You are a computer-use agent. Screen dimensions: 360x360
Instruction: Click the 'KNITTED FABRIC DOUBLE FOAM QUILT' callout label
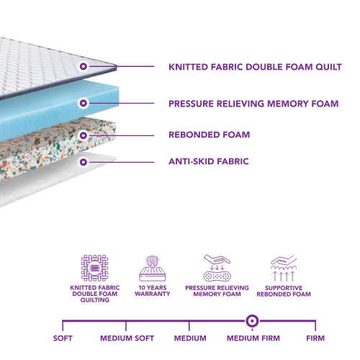(x=254, y=67)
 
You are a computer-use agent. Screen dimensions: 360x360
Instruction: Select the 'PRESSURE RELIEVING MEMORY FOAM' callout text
(x=253, y=104)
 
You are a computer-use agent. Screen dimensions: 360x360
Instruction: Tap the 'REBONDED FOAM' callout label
(x=209, y=135)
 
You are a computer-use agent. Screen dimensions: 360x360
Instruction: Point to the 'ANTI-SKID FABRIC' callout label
(x=208, y=161)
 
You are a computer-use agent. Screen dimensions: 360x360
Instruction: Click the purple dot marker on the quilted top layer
(x=84, y=66)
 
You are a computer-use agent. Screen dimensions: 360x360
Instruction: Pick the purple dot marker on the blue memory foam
(x=84, y=104)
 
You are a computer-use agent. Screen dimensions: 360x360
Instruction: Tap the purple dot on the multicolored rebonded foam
(x=84, y=135)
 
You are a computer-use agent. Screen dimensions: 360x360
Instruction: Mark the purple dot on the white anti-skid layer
(x=84, y=161)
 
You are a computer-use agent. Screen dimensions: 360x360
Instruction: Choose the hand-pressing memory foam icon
(x=217, y=267)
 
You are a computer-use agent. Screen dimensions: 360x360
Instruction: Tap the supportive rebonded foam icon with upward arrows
(x=282, y=267)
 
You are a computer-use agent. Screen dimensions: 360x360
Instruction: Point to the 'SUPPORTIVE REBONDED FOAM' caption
(x=282, y=291)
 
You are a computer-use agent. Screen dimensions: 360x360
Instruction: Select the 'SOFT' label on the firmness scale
(x=63, y=338)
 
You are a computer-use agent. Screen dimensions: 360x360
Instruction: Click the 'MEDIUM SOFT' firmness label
(x=126, y=338)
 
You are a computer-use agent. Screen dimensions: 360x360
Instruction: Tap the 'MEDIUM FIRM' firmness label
(x=253, y=338)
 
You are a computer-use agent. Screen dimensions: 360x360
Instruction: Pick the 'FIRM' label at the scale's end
(x=315, y=338)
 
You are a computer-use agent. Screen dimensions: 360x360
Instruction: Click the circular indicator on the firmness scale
(x=253, y=320)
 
